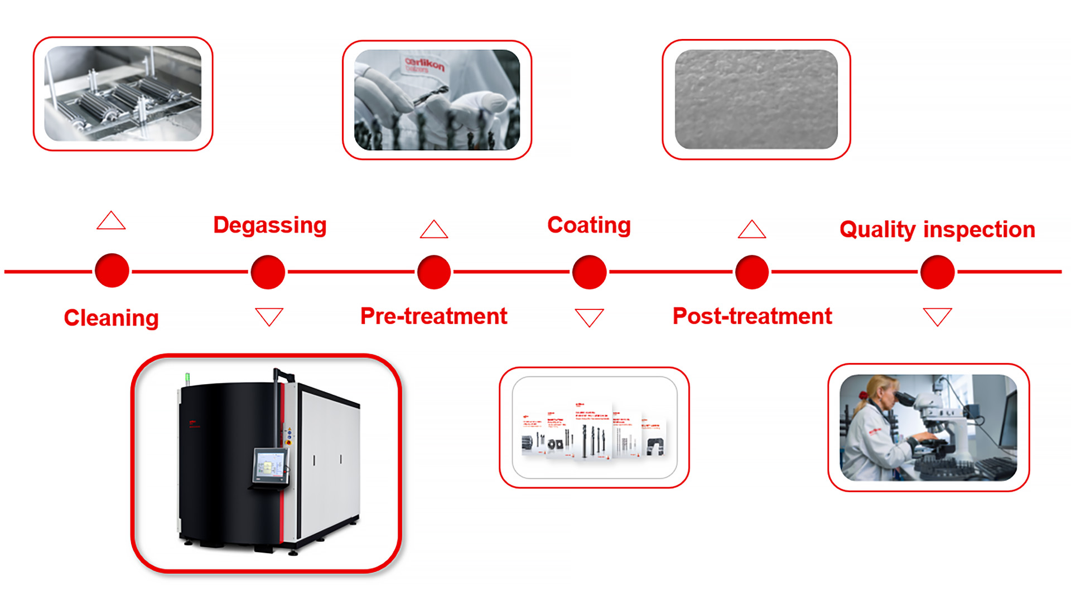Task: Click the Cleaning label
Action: click(111, 318)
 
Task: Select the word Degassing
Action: click(270, 225)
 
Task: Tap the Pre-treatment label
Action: click(433, 316)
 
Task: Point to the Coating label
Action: click(589, 225)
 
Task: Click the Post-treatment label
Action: click(752, 316)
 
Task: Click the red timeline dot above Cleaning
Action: click(112, 271)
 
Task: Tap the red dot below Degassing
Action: click(268, 272)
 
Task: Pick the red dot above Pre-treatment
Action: click(434, 272)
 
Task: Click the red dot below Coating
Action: click(590, 272)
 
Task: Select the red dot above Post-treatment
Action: click(752, 272)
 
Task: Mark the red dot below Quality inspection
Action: click(938, 272)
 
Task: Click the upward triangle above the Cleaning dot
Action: click(111, 221)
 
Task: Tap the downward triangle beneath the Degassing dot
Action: click(269, 315)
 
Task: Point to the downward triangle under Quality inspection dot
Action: click(937, 316)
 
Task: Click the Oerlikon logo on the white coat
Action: click(425, 64)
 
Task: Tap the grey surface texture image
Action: click(756, 99)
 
